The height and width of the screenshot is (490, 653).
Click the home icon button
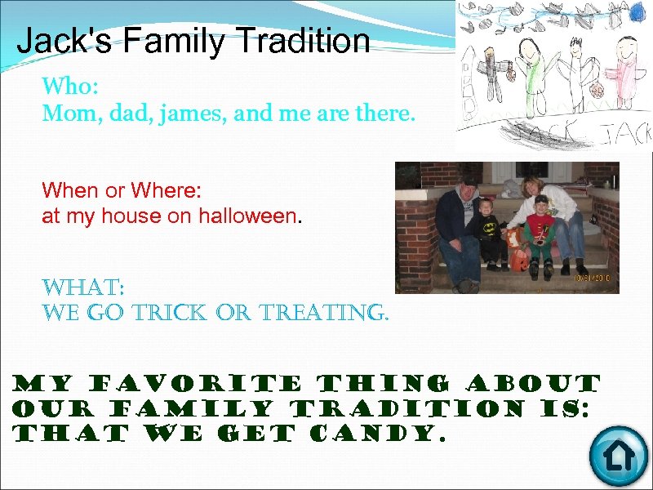point(617,456)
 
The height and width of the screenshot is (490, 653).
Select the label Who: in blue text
point(69,86)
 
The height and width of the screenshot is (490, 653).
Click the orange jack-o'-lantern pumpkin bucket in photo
point(518,261)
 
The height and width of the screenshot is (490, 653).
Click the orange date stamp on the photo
point(594,278)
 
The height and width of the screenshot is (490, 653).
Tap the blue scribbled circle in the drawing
point(638,11)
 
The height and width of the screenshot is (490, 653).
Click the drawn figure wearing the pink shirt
point(624,69)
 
